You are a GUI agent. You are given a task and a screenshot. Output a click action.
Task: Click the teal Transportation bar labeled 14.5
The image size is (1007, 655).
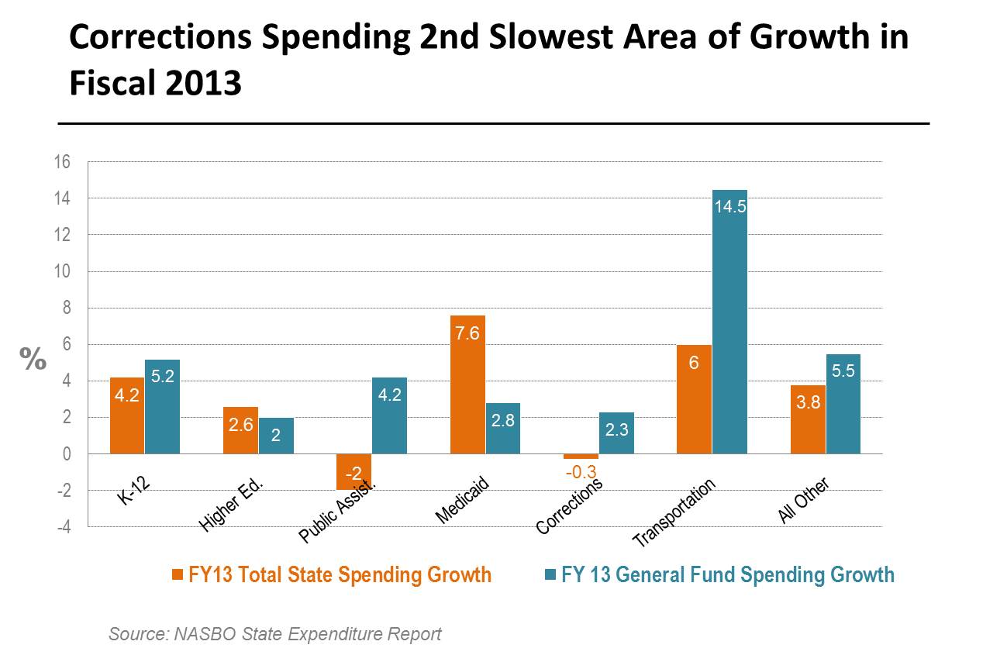point(729,322)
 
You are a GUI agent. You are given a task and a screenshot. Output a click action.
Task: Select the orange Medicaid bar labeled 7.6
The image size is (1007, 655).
point(467,384)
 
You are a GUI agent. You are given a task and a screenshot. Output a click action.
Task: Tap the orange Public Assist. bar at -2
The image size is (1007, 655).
point(353,471)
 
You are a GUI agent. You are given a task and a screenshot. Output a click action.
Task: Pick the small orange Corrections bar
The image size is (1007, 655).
point(581,457)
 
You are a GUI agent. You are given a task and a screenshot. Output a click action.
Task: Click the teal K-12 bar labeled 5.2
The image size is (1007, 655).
point(162,406)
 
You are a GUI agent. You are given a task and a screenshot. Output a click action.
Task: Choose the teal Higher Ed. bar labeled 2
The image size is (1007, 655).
point(276,436)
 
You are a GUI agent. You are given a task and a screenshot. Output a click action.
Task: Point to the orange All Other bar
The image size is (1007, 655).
point(808,419)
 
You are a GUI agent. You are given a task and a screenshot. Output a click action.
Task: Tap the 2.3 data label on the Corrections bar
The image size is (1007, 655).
point(616,429)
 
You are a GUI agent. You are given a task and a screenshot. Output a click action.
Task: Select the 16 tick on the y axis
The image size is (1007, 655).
point(62,162)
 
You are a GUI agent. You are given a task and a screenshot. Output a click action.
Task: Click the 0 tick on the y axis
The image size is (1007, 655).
point(66,454)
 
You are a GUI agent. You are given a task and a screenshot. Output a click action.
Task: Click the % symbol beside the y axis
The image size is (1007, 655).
point(33,358)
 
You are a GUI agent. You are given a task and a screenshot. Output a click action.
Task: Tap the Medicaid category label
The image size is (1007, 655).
point(462,502)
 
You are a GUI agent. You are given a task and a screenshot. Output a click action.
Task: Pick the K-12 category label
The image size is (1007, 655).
point(134,492)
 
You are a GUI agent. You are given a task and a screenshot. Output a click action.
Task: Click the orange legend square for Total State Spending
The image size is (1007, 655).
point(178,575)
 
